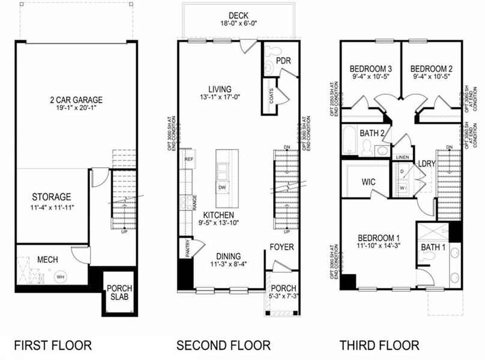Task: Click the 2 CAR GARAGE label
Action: [76, 100]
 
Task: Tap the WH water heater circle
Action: [61, 277]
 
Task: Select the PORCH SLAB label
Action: [120, 293]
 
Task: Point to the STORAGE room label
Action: [52, 197]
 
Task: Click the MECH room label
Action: [47, 260]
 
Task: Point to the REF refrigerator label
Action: [189, 159]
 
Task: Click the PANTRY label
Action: [187, 248]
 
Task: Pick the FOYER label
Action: [281, 247]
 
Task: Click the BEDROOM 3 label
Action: [371, 68]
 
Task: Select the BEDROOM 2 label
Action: [433, 68]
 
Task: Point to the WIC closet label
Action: [369, 181]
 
